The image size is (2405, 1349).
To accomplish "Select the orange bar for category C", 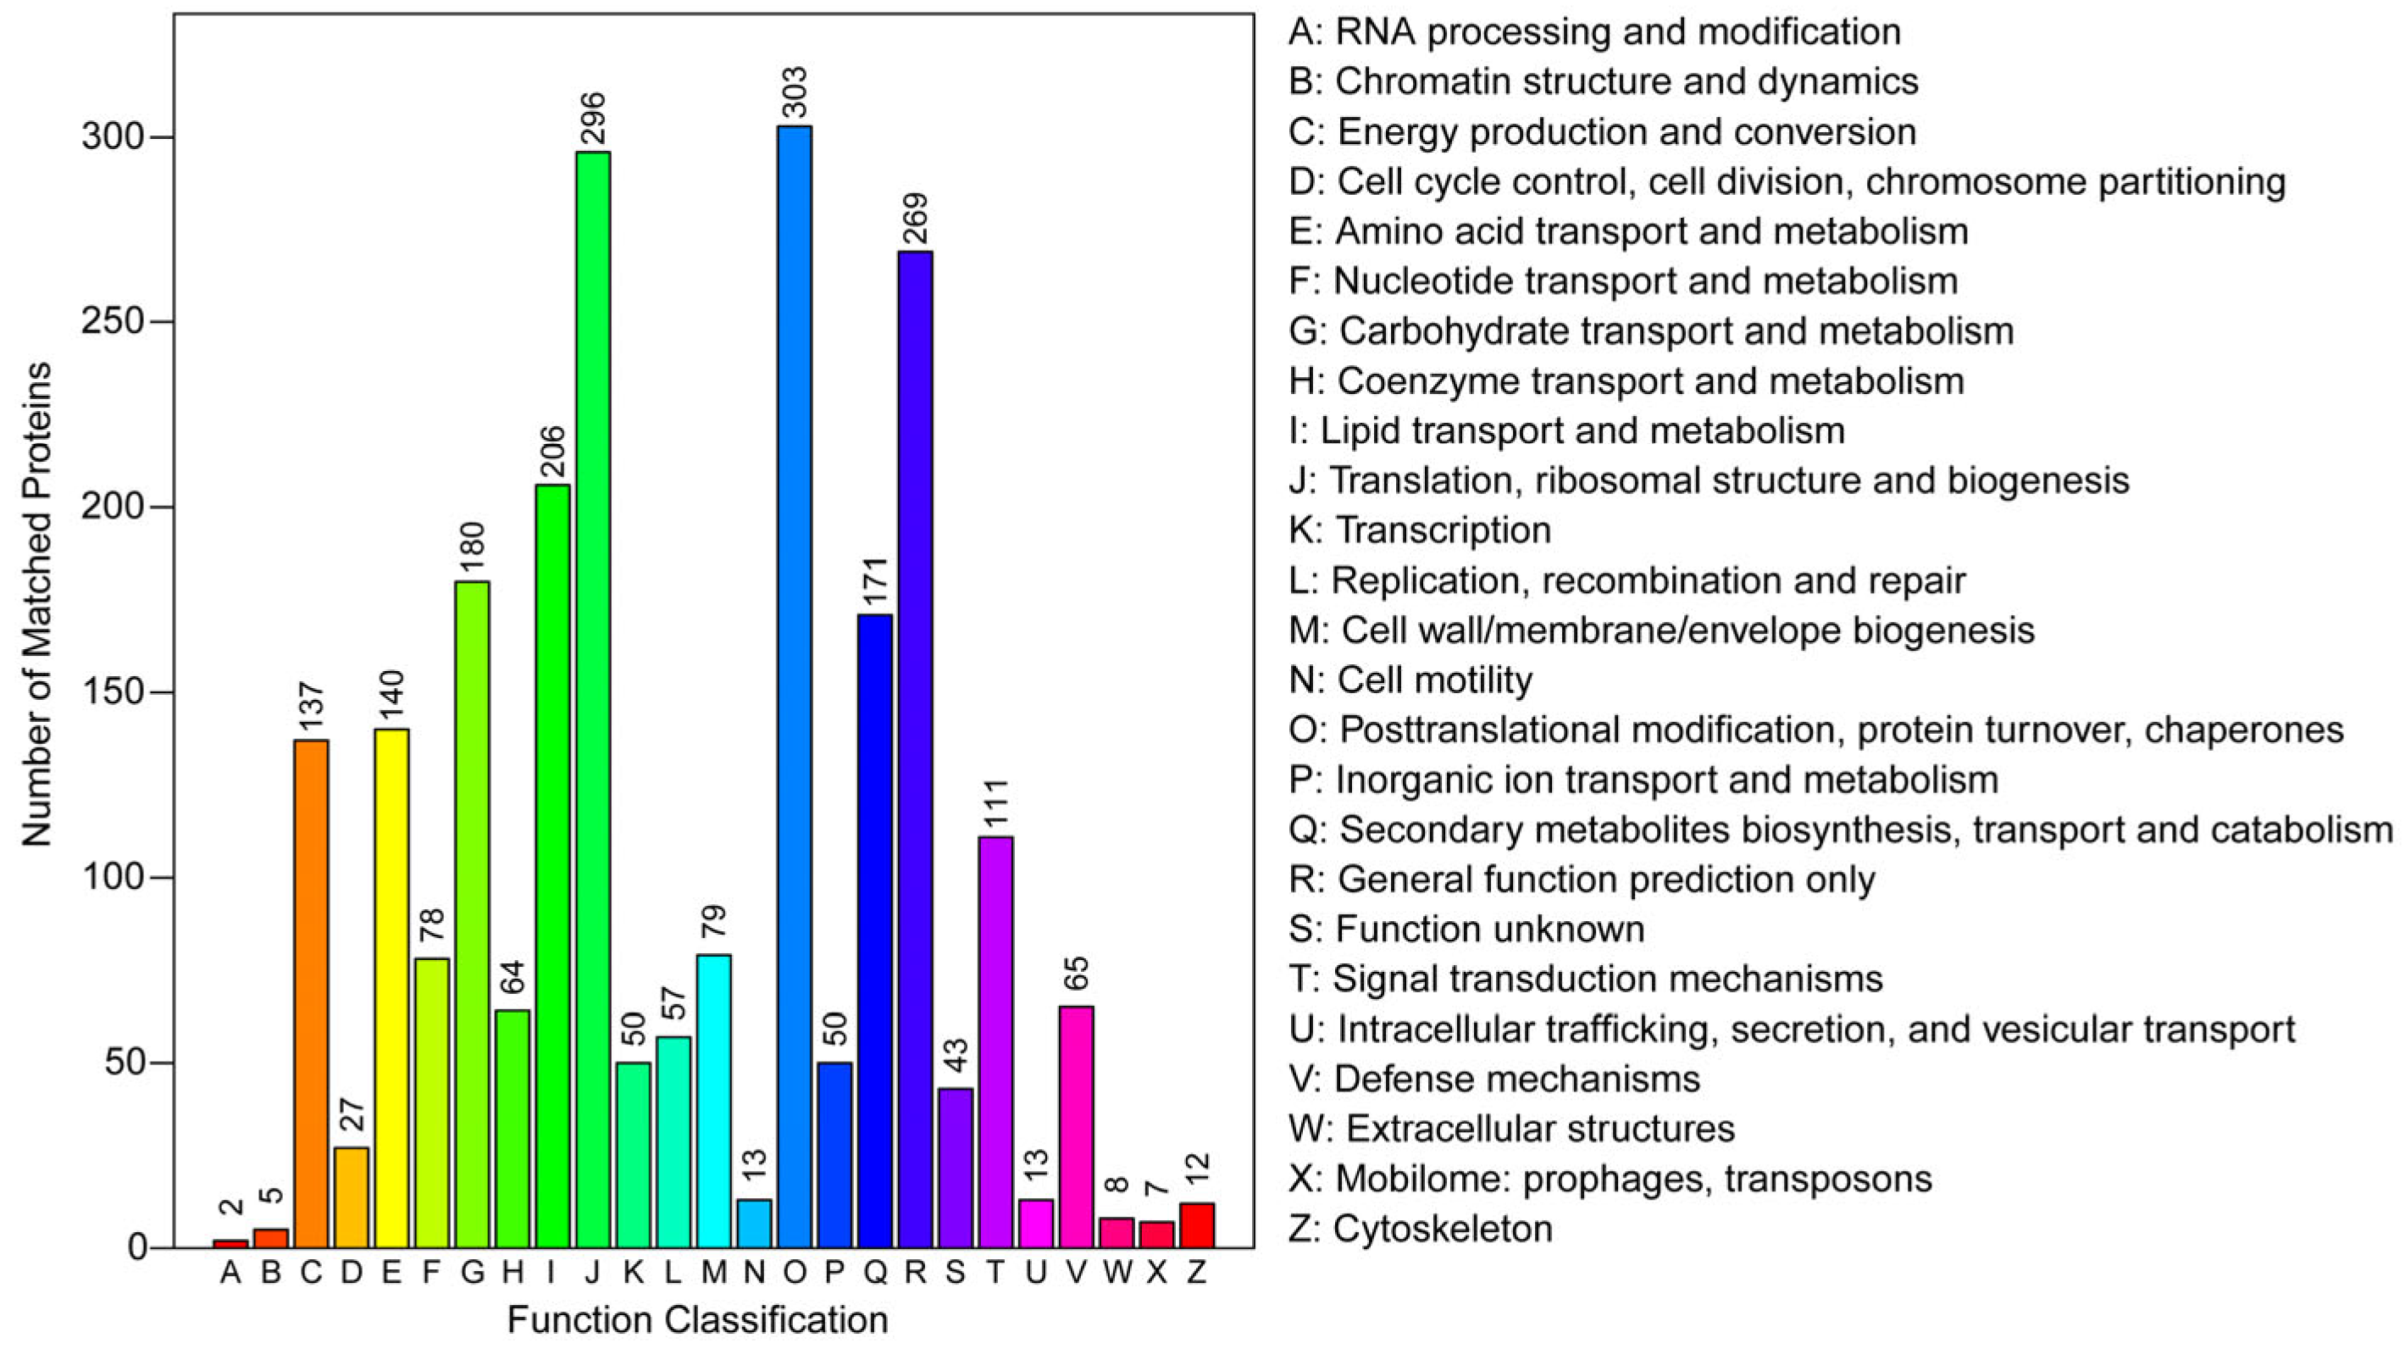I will coord(311,993).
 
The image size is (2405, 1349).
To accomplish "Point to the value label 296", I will coord(594,119).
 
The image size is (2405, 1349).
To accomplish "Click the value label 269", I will coord(916,219).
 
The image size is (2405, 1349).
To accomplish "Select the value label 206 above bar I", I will coord(552,452).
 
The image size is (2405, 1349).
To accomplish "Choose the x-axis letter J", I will coord(593,1273).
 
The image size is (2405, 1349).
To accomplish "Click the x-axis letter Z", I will coord(1197,1273).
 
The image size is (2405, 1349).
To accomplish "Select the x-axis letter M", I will coord(713,1273).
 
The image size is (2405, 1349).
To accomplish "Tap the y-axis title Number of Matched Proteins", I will coord(37,605).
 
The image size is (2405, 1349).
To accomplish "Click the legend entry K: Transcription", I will coord(1419,530).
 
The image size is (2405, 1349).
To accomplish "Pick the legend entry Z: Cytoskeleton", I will coord(1420,1229).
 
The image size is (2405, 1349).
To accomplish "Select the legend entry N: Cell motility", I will coord(1410,680).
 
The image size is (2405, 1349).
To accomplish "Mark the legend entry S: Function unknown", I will coord(1466,929).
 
